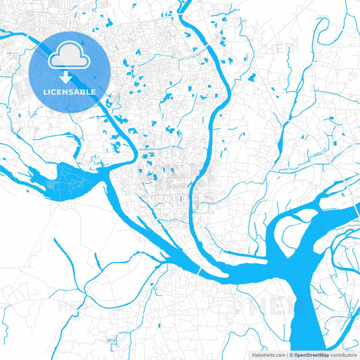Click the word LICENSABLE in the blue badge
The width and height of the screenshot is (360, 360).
(70, 91)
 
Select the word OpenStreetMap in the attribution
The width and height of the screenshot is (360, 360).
(310, 355)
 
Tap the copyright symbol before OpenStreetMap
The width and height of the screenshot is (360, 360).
(290, 355)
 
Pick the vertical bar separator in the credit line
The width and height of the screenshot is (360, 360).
(286, 355)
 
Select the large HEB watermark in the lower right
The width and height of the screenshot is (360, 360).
(270, 307)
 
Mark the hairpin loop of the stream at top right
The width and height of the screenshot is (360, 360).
(322, 27)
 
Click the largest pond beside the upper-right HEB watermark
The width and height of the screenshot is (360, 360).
(252, 78)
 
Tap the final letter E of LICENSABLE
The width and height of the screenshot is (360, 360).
(93, 91)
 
